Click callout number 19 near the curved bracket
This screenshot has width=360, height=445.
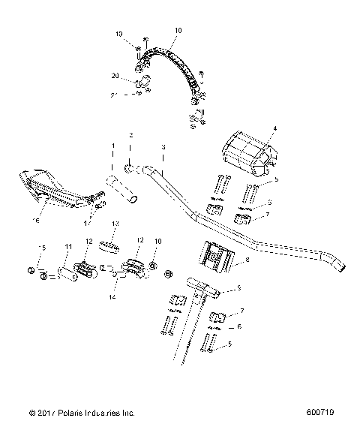[118, 35]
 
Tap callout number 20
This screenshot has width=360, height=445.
[115, 76]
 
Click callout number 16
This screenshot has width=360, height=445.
[34, 221]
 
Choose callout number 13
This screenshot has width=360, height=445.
[115, 224]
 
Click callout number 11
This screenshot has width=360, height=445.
[68, 247]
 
